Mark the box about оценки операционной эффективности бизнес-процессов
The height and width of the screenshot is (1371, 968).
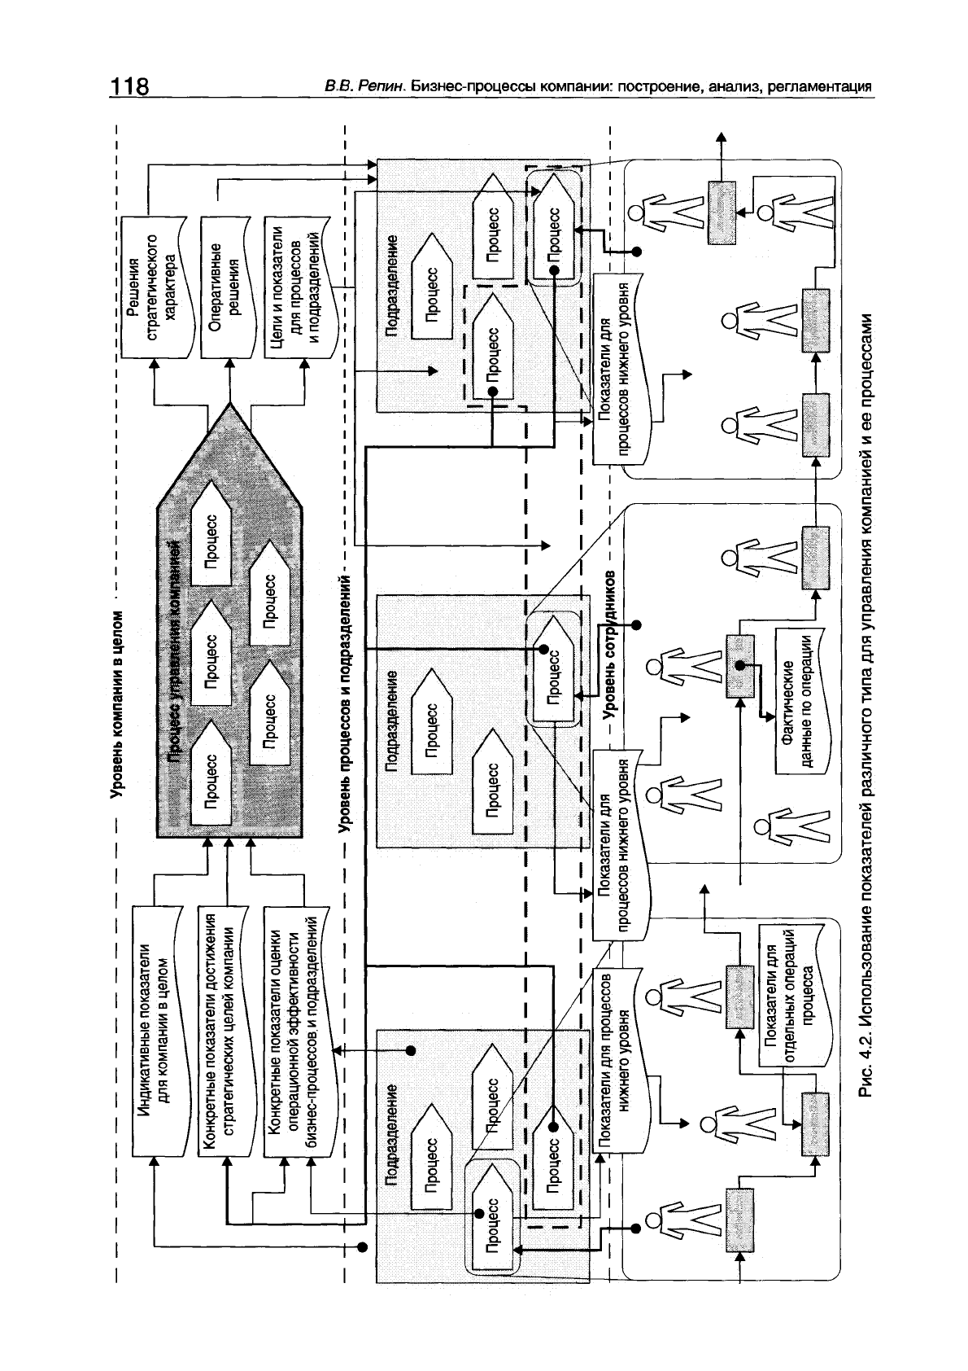click(x=298, y=1030)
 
